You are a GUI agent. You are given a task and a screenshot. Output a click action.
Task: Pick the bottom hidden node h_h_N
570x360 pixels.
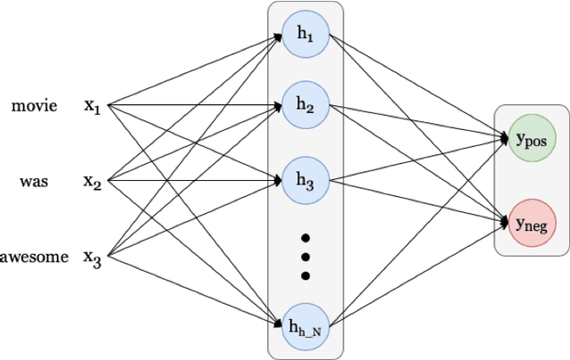tap(305, 323)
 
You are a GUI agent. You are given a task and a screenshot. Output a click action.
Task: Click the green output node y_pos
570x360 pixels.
tap(531, 140)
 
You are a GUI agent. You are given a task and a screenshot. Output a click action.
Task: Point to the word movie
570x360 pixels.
tap(34, 106)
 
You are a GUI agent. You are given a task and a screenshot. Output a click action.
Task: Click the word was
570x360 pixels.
tap(34, 182)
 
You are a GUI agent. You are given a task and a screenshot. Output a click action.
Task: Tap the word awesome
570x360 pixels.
tap(34, 258)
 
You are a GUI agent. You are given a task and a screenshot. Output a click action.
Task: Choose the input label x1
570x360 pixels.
tap(93, 106)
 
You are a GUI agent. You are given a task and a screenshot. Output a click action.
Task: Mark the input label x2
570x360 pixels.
tap(93, 182)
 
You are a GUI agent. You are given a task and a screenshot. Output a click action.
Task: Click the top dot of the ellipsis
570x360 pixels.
tap(305, 238)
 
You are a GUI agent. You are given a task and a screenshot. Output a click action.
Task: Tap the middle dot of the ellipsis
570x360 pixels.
tap(305, 257)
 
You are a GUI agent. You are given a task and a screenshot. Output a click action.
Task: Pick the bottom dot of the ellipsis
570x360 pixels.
tap(305, 275)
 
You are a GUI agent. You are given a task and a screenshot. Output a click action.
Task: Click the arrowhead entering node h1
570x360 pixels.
tap(278, 37)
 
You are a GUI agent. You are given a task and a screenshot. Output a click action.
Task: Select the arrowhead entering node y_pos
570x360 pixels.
tap(504, 139)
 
